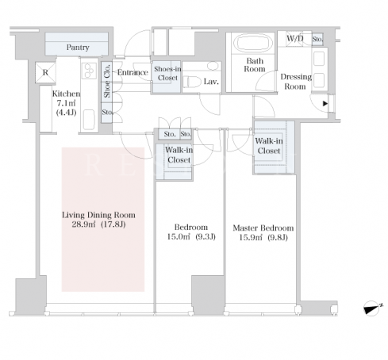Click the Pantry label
(x=78, y=48)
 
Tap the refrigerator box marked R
(x=45, y=72)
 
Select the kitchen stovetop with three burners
(x=89, y=71)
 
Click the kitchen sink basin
(x=89, y=120)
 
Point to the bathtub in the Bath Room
(x=253, y=43)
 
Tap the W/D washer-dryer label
(x=295, y=39)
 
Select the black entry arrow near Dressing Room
(x=325, y=103)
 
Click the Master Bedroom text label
(x=263, y=228)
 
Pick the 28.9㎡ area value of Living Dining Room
(x=83, y=224)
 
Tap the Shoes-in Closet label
(x=167, y=74)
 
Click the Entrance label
(x=133, y=72)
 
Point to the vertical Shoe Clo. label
(x=107, y=81)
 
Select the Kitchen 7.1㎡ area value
(x=66, y=103)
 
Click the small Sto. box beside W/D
(x=317, y=39)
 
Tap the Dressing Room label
(x=296, y=82)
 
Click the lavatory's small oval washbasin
(x=213, y=66)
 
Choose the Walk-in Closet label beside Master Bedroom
(x=269, y=146)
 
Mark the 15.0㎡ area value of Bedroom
(x=179, y=236)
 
